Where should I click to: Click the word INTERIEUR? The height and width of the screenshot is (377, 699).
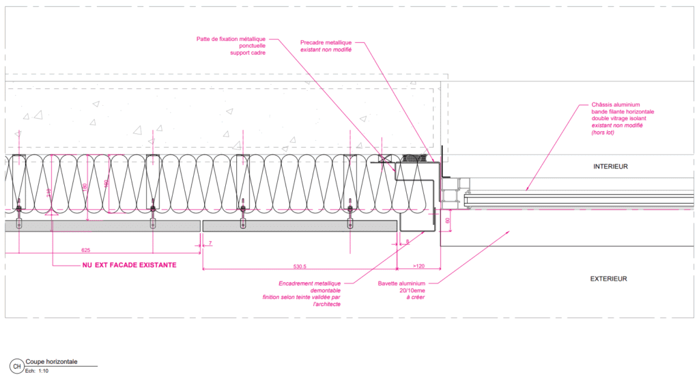click(610, 166)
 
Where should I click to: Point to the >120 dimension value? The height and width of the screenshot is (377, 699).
click(419, 265)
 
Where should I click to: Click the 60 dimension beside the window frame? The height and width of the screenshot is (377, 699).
click(448, 221)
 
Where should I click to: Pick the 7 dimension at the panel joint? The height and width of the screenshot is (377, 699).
click(210, 243)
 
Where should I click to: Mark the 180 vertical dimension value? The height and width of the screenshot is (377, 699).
click(84, 186)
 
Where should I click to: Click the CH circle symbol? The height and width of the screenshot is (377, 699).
click(16, 366)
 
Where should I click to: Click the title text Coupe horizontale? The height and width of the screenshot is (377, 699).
click(51, 362)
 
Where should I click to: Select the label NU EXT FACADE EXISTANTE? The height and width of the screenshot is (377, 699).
click(129, 265)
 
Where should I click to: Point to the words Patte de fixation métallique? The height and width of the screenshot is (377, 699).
click(231, 39)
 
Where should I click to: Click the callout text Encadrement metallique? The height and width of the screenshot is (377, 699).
click(309, 283)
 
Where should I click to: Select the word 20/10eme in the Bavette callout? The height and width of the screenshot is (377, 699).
click(412, 290)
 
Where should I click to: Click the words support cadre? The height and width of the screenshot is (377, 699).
click(248, 53)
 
